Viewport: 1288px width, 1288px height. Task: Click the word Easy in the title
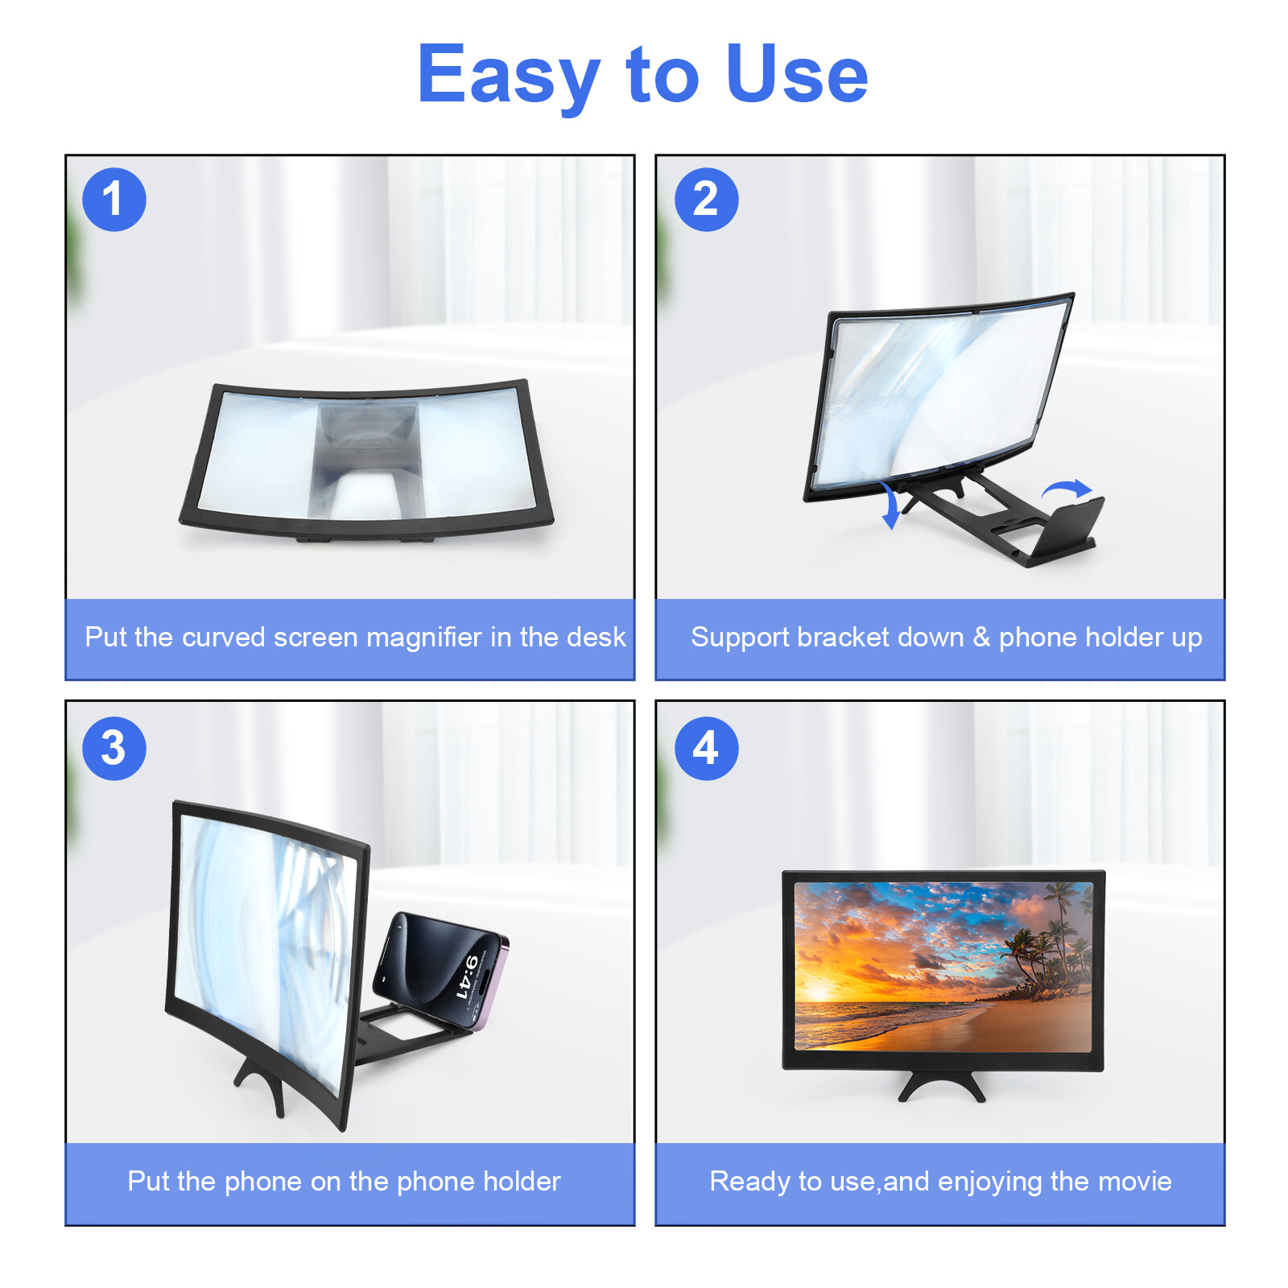(x=509, y=76)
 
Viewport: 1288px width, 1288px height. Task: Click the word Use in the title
(x=797, y=75)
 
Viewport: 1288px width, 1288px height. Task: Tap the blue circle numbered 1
(x=114, y=200)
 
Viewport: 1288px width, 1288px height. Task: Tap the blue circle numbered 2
(x=706, y=200)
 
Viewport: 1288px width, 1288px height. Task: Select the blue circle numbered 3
(x=114, y=748)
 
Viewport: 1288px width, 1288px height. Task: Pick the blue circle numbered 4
(x=706, y=748)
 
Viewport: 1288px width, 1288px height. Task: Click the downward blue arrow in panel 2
(x=890, y=506)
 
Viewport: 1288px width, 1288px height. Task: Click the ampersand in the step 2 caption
(x=980, y=638)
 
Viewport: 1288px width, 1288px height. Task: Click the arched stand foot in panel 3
(x=262, y=1083)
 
